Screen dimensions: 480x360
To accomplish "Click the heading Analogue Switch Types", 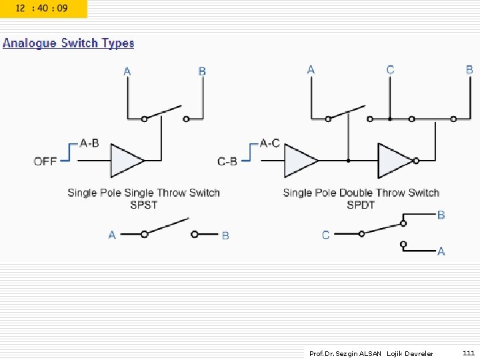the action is pyautogui.click(x=68, y=43).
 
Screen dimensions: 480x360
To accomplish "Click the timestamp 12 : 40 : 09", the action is pyautogui.click(x=41, y=9).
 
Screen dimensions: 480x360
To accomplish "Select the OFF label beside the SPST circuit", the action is pyautogui.click(x=45, y=161).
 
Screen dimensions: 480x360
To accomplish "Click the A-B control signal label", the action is pyautogui.click(x=89, y=143).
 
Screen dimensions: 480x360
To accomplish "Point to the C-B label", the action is pyautogui.click(x=227, y=161).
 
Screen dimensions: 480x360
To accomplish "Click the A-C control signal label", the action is pyautogui.click(x=269, y=143).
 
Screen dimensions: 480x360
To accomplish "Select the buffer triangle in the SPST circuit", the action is pyautogui.click(x=126, y=161).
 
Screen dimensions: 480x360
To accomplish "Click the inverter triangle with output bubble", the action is pyautogui.click(x=396, y=161).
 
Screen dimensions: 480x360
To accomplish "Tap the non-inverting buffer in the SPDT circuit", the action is pyautogui.click(x=300, y=161).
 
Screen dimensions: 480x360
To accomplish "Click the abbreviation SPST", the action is pyautogui.click(x=143, y=205).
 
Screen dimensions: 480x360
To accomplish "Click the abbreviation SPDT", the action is pyautogui.click(x=361, y=205).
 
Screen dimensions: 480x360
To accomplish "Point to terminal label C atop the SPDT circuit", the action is pyautogui.click(x=390, y=70).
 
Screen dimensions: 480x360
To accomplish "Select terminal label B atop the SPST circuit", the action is pyautogui.click(x=202, y=71).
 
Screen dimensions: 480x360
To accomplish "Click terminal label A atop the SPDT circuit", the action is pyautogui.click(x=311, y=70).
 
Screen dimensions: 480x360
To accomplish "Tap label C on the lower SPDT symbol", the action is pyautogui.click(x=325, y=235).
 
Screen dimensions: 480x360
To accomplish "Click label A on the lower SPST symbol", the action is pyautogui.click(x=112, y=235).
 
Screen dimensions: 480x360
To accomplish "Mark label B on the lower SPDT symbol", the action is pyautogui.click(x=441, y=215).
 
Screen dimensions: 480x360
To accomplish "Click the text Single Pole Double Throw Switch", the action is pyautogui.click(x=361, y=193).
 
